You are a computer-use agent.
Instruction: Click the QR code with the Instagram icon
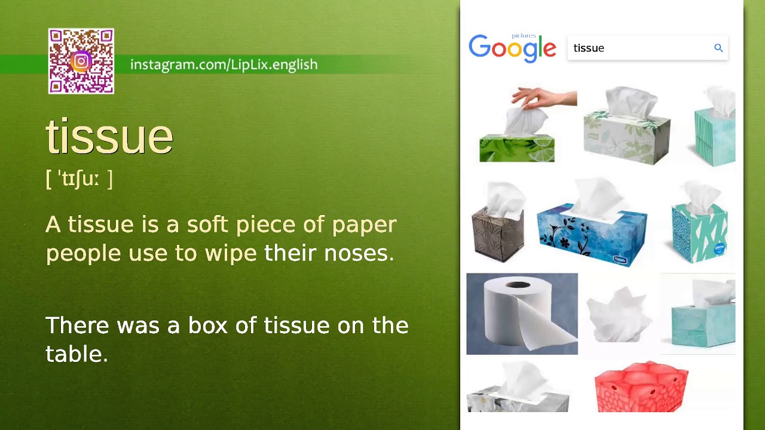(81, 62)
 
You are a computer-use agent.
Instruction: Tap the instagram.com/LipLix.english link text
(224, 64)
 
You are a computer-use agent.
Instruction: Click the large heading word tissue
(109, 137)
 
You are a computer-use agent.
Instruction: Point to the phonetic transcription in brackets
(79, 179)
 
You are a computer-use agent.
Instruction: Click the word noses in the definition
(358, 253)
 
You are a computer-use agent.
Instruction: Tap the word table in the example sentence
(76, 354)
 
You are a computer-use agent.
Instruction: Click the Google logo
(512, 48)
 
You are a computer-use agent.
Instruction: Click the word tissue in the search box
(589, 48)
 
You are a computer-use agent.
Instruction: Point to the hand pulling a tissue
(543, 98)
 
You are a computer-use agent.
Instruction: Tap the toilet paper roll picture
(522, 314)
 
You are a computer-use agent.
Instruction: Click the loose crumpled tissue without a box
(619, 313)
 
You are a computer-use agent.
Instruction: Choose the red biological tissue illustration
(641, 387)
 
